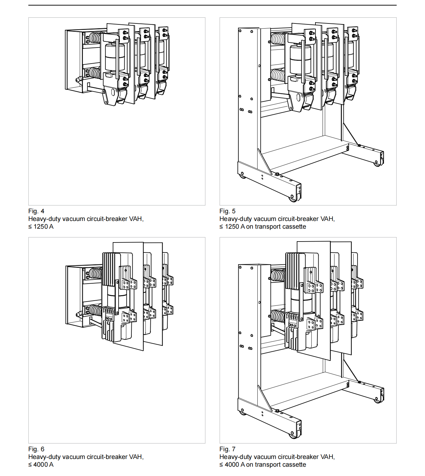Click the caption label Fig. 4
click(36, 211)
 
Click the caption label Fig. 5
click(227, 211)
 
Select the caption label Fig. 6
click(36, 449)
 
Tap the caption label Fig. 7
click(227, 449)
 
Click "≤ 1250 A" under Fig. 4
click(41, 226)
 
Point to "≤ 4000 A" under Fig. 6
click(41, 464)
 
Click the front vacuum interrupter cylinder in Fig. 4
click(115, 58)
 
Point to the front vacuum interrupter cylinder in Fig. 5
click(300, 60)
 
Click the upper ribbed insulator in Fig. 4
click(95, 38)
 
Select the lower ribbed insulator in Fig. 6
click(95, 310)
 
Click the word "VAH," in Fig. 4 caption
click(136, 219)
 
